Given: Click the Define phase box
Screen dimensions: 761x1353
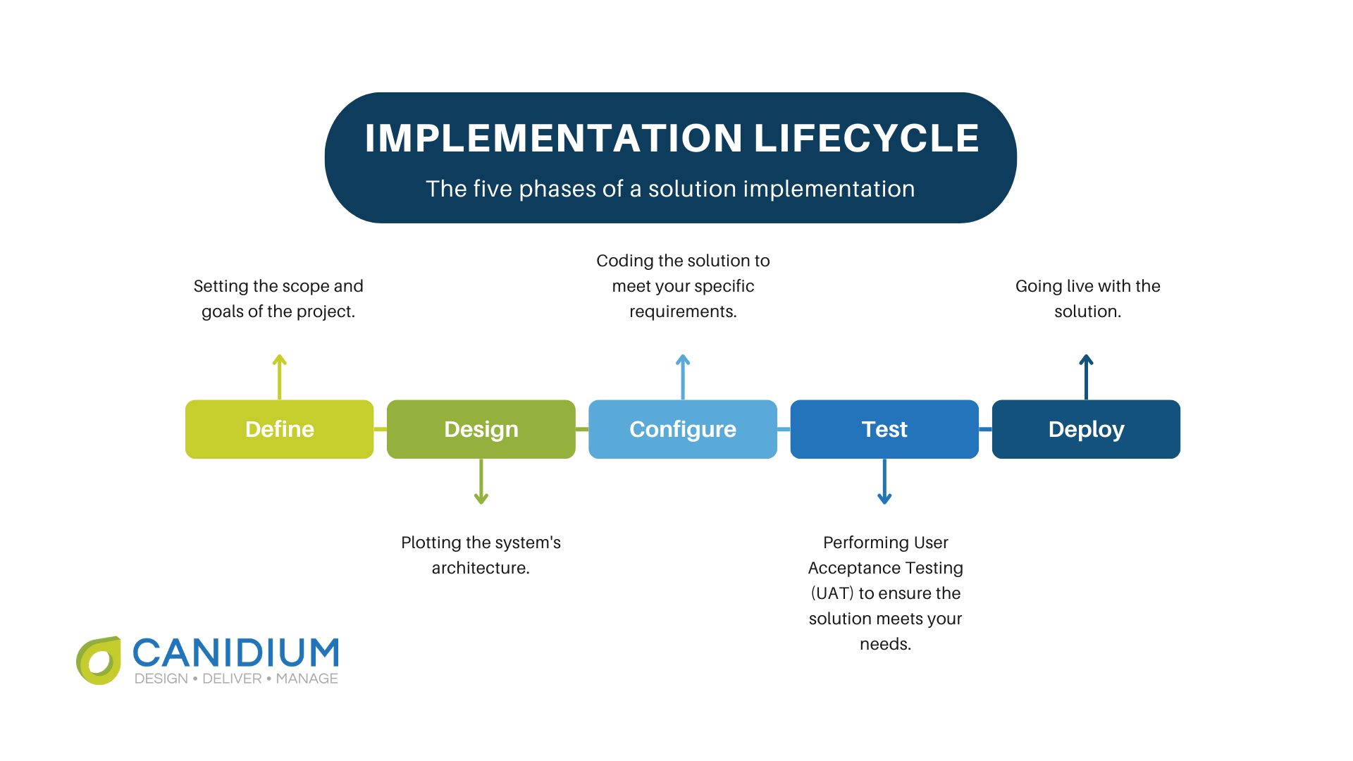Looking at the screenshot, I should coord(279,429).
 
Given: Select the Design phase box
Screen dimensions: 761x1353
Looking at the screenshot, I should coord(481,429).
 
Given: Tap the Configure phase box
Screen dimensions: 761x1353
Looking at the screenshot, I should coord(682,429).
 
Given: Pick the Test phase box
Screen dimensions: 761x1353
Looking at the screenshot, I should coord(884,429).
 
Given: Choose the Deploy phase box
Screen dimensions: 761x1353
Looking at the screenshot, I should coord(1086,429).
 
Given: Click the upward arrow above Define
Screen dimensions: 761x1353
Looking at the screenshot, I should coord(280,377).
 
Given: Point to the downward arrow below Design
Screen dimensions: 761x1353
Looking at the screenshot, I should coord(481,481).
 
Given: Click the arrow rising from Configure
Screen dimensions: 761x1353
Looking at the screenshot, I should coord(683,377).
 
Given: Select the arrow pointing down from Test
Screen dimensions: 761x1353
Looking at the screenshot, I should coord(884,481).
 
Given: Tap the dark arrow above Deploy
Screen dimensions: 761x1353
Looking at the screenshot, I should coord(1086,377).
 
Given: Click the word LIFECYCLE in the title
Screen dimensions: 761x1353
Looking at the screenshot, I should coord(867,138).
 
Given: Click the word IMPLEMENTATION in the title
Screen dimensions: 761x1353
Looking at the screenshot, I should coord(553,138).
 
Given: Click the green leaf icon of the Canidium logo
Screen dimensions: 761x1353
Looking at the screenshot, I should coord(99,661).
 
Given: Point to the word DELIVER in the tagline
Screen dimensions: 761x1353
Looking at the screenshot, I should coord(232,679).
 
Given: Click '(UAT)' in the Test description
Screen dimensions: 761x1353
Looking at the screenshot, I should coord(832,593).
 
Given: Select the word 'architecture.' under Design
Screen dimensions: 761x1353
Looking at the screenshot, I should coord(481,568).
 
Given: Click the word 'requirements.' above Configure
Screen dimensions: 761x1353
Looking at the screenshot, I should coord(683,311).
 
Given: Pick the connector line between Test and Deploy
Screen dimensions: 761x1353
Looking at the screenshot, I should coord(985,429).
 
